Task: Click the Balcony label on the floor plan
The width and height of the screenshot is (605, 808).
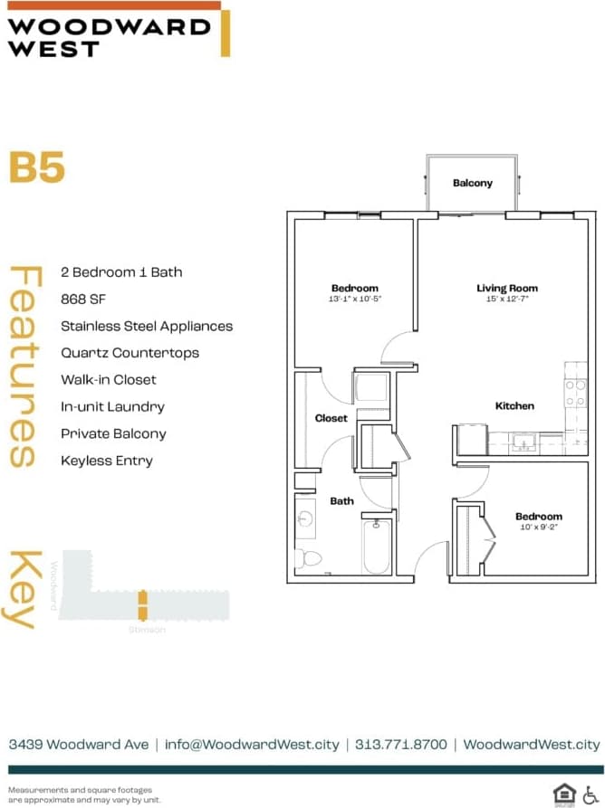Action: pos(473,183)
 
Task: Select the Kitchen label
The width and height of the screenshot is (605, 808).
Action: pos(514,406)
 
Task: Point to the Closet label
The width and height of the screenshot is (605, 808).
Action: pos(331,418)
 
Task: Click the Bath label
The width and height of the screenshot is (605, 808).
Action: pos(341,500)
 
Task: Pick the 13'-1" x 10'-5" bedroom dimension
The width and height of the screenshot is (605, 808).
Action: pos(354,299)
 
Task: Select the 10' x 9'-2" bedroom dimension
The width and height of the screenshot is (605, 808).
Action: pos(539,527)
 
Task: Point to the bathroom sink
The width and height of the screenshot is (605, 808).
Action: pos(305,518)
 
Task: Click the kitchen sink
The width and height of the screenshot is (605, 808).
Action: pos(522,442)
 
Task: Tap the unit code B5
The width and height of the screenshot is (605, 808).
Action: pos(37,168)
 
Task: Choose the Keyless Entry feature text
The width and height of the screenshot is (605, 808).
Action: pos(107,461)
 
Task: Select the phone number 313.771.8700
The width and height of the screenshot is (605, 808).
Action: pos(401,744)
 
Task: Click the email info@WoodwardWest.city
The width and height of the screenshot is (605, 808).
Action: pos(253,744)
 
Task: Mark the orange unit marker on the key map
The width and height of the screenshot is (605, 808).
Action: pos(142,604)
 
